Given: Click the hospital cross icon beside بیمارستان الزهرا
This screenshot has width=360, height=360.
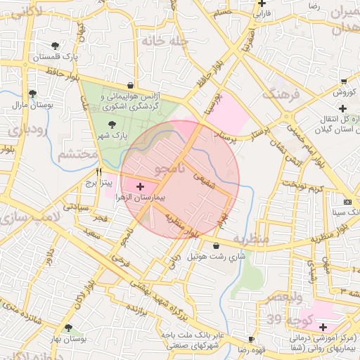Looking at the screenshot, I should pos(141,187).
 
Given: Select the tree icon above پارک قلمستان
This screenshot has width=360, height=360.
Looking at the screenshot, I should pos(56,46).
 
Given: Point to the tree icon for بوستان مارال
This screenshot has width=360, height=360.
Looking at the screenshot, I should pos(32,94).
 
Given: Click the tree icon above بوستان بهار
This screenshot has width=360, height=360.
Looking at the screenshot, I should pos(68,328).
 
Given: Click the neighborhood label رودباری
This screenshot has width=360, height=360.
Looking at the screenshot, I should pos(27,129).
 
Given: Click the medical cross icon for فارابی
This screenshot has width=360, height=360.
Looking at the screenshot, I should pos(262,4).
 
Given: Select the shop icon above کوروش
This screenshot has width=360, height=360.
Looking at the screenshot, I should pos(342,82).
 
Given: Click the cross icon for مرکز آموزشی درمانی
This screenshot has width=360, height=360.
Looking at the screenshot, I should pos(323,327).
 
